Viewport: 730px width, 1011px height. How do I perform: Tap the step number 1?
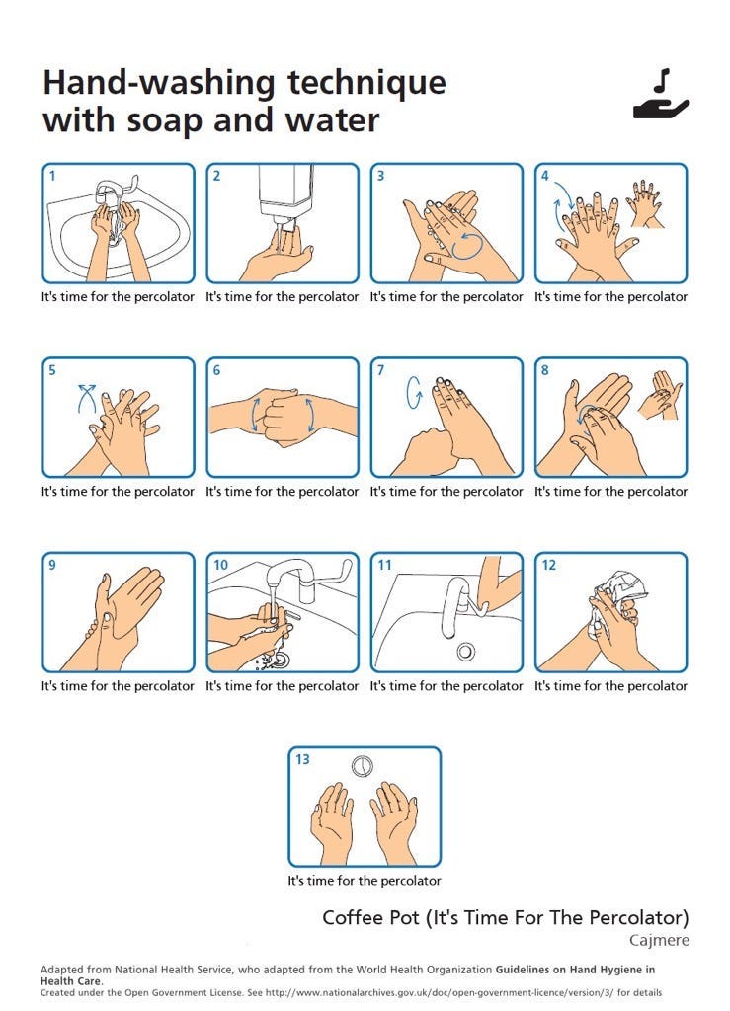point(52,176)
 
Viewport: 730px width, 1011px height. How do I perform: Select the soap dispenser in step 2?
point(285,194)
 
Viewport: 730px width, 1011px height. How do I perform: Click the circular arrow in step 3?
point(467,246)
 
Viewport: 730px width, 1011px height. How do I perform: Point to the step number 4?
point(545,176)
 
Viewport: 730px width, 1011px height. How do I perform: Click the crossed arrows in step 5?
point(86,398)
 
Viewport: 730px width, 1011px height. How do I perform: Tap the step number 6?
point(216,370)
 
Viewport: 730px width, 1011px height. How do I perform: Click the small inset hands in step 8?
point(660,395)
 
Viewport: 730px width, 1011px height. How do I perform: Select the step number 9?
point(52,565)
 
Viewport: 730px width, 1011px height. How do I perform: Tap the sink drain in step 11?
point(465,652)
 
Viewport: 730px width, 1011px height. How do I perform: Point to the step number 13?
point(302,759)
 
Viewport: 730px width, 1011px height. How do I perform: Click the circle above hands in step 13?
point(363,766)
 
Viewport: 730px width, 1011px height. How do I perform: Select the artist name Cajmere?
point(659,941)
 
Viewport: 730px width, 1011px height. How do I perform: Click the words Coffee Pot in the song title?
point(370,917)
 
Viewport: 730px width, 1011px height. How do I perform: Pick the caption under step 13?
point(365,880)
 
